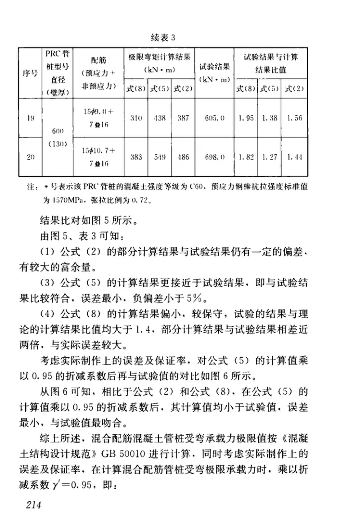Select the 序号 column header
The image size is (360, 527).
coord(30,74)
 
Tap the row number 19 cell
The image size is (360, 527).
coord(30,118)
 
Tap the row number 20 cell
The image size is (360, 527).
coord(30,157)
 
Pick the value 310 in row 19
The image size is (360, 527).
coord(136,118)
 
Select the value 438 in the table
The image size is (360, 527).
coord(159,118)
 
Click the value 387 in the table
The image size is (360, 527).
coord(183,118)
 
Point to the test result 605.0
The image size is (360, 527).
coord(215,118)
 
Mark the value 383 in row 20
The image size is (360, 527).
coord(136,157)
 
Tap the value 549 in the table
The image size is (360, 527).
coord(159,157)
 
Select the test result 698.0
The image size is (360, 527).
coord(215,157)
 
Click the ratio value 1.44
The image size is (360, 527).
coord(295,157)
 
